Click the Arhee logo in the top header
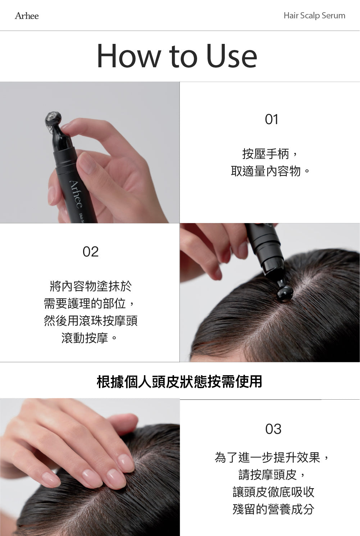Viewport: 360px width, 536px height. [x=27, y=16]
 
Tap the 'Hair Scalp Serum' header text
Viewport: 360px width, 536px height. [x=314, y=16]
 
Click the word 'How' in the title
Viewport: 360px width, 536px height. [x=128, y=56]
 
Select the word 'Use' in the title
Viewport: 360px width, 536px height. [x=232, y=56]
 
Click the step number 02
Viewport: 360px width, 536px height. [x=90, y=252]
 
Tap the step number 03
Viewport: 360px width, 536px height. [x=273, y=429]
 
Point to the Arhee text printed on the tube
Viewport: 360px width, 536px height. [x=76, y=194]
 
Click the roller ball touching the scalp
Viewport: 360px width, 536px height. [x=284, y=293]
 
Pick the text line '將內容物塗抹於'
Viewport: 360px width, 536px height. [x=91, y=286]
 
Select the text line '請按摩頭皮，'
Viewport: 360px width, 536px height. [x=273, y=475]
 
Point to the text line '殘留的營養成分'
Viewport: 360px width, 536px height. [x=273, y=509]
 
